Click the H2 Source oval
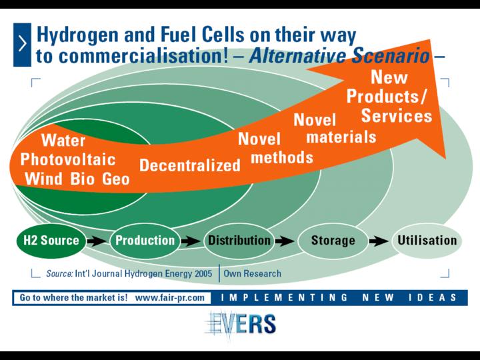(x=51, y=241)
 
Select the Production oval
(x=145, y=241)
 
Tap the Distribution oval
(x=239, y=241)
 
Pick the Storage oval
(x=333, y=241)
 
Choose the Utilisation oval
(x=427, y=241)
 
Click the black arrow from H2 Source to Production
(x=97, y=241)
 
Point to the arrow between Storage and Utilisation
(x=379, y=241)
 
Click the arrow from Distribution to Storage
(x=285, y=241)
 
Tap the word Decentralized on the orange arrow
(x=190, y=165)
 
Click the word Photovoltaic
(x=68, y=159)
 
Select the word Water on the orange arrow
(x=63, y=141)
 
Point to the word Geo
(x=116, y=179)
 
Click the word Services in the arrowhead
(x=397, y=116)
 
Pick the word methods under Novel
(x=282, y=157)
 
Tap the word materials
(x=341, y=137)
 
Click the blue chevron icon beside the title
(x=22, y=45)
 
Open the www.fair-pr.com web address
(x=169, y=297)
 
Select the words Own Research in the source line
(x=252, y=273)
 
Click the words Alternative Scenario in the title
(x=339, y=56)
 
